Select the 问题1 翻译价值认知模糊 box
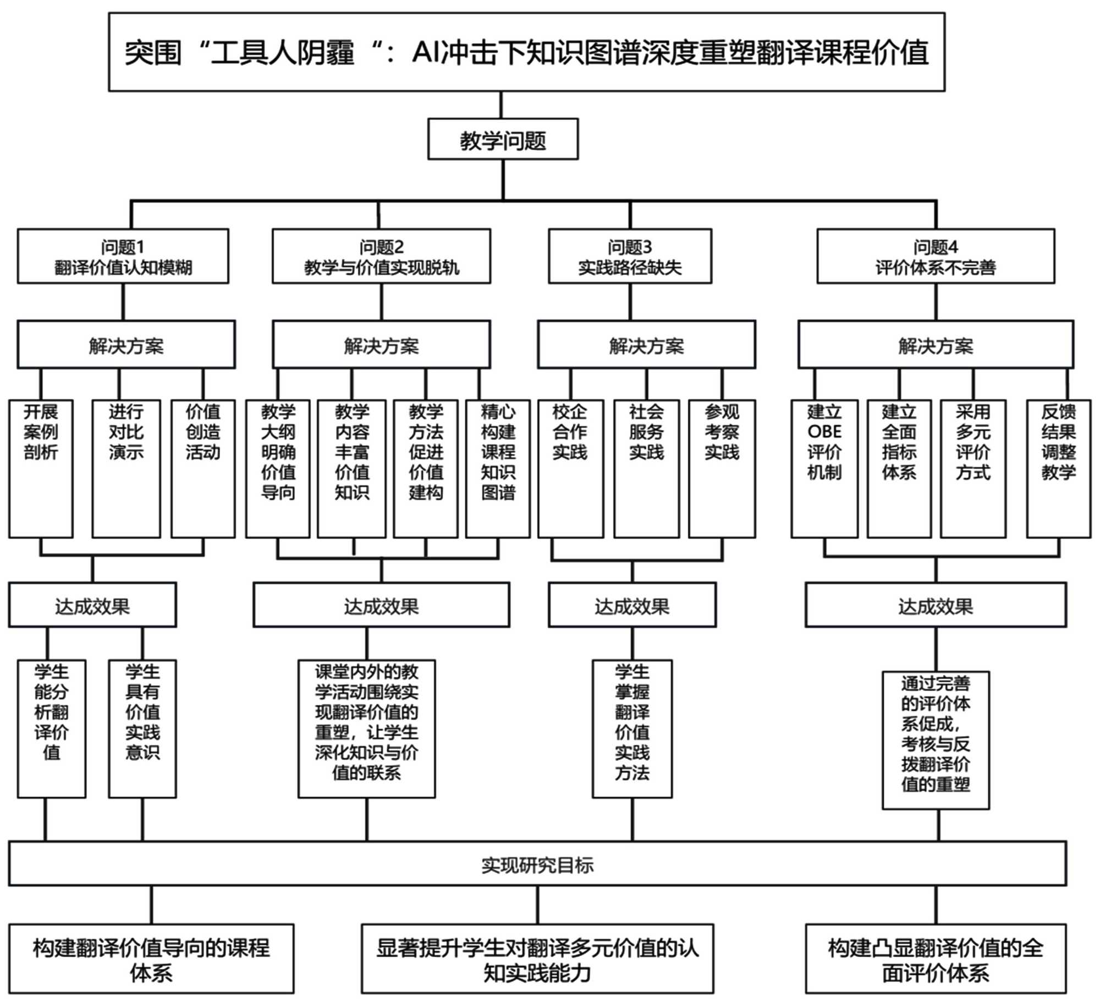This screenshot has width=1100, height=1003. coord(123,256)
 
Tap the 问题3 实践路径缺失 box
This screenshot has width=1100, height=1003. coord(630,256)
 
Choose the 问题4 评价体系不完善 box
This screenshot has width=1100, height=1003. coord(936,256)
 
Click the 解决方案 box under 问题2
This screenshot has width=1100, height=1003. coord(381,345)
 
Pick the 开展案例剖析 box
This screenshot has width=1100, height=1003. coord(41,468)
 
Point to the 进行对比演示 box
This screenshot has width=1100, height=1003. coord(126,468)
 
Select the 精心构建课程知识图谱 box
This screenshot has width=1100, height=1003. coord(498,468)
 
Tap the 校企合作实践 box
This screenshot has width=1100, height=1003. coord(570,468)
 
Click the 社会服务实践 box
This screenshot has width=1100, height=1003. coord(646,468)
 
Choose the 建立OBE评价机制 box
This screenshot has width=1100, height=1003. coord(824,468)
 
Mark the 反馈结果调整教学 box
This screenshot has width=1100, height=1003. coord(1058,468)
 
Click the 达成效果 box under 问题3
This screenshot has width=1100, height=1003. coord(632,605)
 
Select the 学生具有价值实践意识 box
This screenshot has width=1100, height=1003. coord(142,728)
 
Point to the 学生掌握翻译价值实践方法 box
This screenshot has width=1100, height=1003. coord(632,728)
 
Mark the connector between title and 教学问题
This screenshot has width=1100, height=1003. coord(501,105)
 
